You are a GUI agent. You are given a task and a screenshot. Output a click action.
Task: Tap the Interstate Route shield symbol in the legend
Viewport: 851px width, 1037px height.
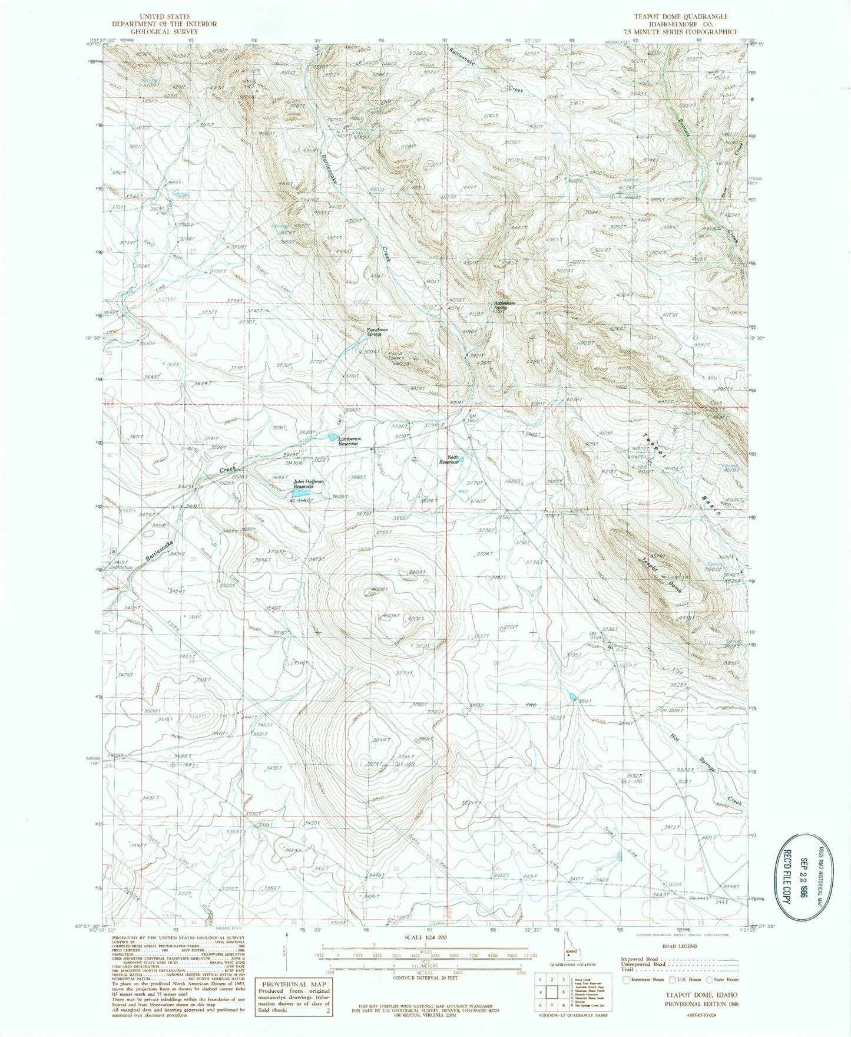pyautogui.click(x=627, y=979)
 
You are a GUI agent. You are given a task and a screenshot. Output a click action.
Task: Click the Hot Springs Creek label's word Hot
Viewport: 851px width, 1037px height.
pyautogui.click(x=678, y=744)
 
